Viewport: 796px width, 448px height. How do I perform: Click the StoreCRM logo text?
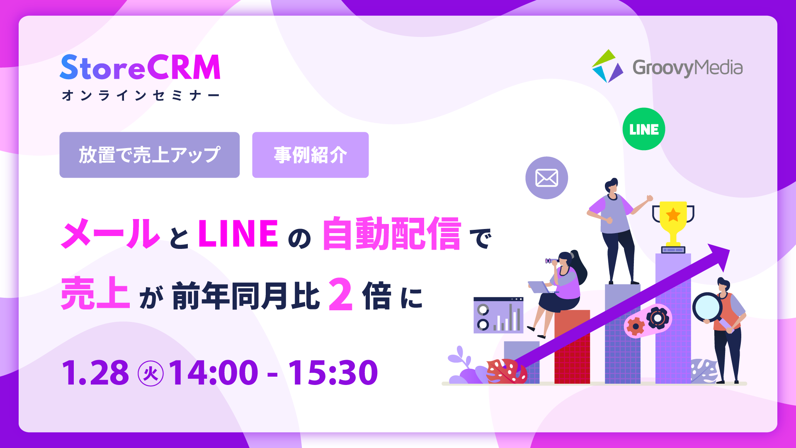point(140,68)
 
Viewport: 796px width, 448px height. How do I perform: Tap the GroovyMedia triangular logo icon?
point(607,67)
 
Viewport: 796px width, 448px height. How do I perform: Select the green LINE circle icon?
point(643,129)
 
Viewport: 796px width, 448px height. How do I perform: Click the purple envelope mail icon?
point(546,178)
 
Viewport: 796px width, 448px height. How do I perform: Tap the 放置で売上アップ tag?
point(149,155)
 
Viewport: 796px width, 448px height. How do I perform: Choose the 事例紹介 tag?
point(310,155)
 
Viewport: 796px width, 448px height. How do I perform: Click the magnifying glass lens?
point(707,307)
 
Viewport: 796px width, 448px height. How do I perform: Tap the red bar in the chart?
point(572,353)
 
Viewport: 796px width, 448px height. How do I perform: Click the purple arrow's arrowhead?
point(720,254)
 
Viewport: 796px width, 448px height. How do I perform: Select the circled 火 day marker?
point(150,373)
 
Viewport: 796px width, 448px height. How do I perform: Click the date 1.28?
point(95,373)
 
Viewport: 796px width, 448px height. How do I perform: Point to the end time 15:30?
point(333,373)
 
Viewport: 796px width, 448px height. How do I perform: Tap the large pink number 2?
point(340,295)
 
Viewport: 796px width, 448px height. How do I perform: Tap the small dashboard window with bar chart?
point(498,315)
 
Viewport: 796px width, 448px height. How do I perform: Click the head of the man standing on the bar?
point(612,186)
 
